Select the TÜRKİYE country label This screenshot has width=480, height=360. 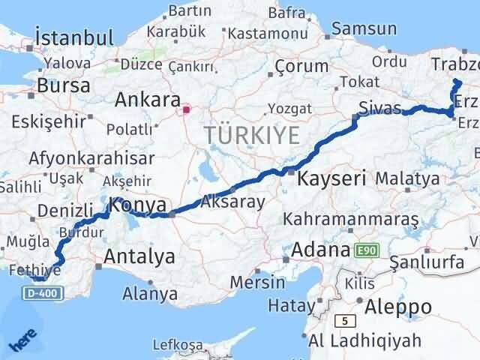point(251,136)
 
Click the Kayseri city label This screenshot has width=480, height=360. point(331,178)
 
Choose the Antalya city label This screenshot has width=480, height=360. point(140,257)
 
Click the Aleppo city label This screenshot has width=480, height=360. point(397,307)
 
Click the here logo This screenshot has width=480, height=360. point(21,343)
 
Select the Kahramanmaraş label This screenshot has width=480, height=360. point(350,219)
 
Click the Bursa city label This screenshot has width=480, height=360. point(63,85)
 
